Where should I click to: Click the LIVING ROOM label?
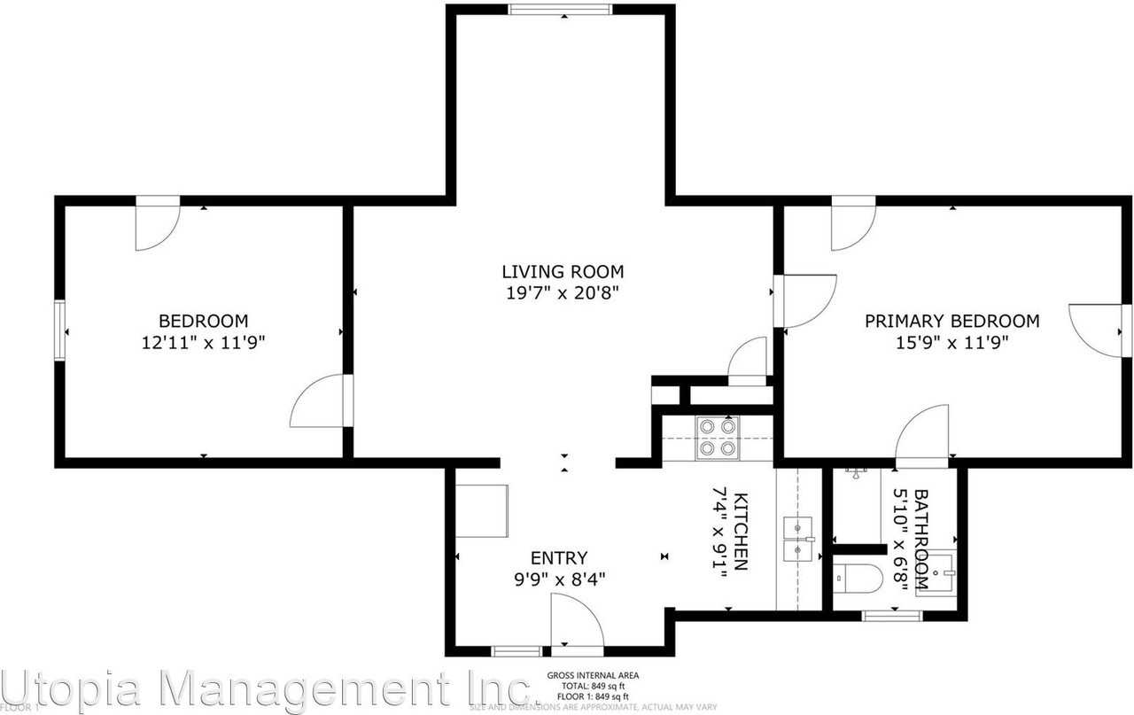click(x=563, y=272)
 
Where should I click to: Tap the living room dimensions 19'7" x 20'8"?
click(x=563, y=293)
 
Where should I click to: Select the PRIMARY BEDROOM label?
click(x=951, y=321)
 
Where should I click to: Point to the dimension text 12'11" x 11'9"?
click(x=204, y=342)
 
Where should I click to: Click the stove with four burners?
click(x=717, y=437)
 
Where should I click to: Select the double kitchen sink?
click(x=799, y=540)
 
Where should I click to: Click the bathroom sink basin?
click(x=936, y=574)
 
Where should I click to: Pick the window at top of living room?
click(x=560, y=10)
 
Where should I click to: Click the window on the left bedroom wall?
click(x=60, y=330)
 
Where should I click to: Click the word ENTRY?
click(x=558, y=558)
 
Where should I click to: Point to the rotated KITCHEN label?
click(x=742, y=532)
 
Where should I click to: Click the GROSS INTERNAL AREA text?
click(x=593, y=675)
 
